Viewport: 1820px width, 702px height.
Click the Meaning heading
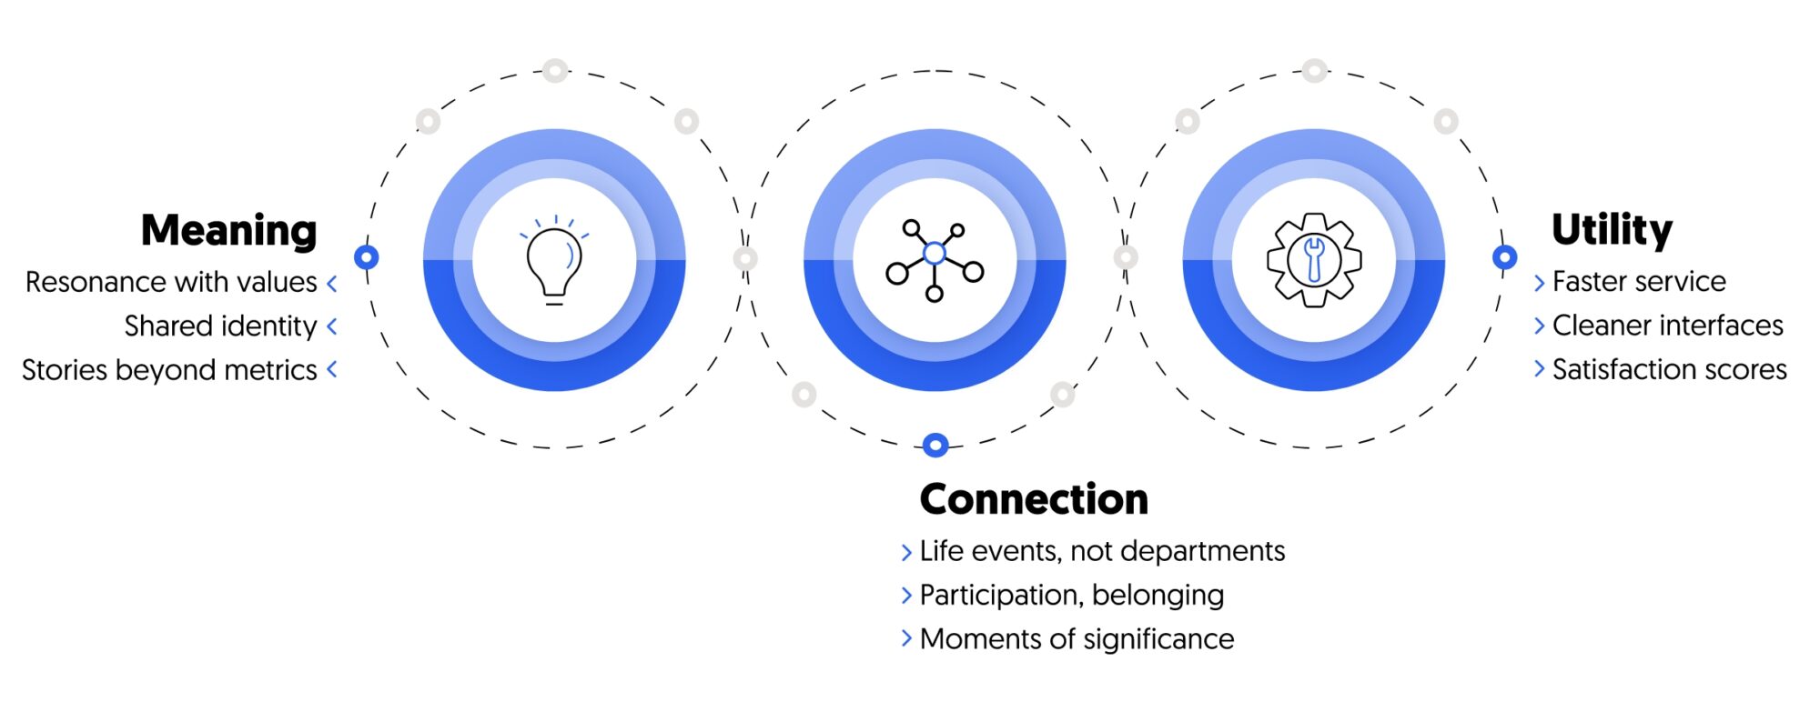coord(228,231)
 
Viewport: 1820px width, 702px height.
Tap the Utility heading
coord(1612,229)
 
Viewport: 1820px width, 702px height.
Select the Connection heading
coord(1034,499)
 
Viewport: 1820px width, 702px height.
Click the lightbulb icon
coord(554,260)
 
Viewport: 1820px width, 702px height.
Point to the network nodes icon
coord(935,259)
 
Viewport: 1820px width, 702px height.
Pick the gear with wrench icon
coord(1314,259)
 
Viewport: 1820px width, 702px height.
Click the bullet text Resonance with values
coord(171,282)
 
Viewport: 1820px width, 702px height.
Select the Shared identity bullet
coord(220,326)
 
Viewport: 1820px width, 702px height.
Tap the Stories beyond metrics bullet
coord(169,370)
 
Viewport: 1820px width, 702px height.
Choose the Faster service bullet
coord(1639,282)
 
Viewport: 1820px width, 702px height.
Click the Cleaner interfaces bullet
coord(1667,326)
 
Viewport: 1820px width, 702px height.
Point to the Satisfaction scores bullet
coord(1669,369)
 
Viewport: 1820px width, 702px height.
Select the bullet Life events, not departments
coord(1102,551)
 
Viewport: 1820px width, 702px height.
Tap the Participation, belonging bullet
coord(1071,595)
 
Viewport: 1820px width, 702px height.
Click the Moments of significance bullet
coord(1077,639)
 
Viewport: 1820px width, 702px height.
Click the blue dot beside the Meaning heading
coord(367,257)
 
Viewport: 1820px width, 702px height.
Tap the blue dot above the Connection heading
coord(935,445)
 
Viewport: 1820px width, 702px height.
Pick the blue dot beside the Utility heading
coord(1505,257)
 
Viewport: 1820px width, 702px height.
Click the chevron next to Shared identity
coord(332,326)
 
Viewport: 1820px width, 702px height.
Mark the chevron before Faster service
coord(1540,283)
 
